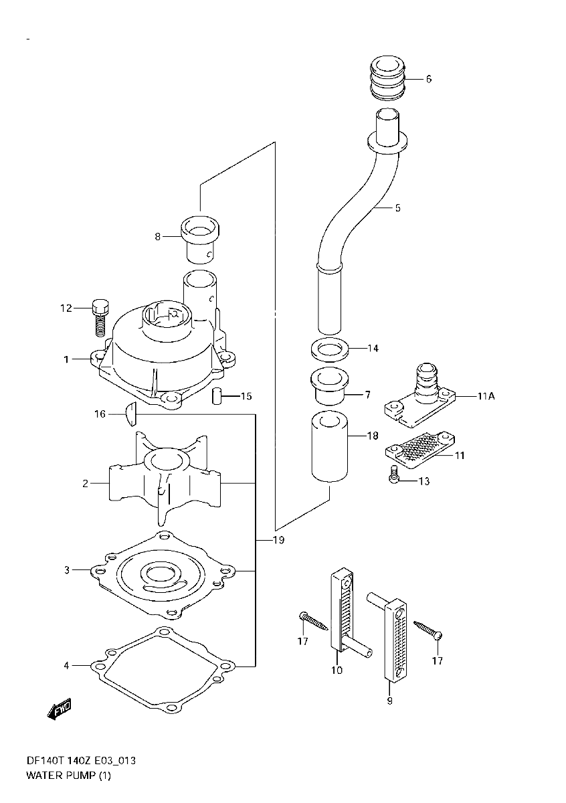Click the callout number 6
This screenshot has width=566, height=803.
(x=428, y=79)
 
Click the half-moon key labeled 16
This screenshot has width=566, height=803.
(x=131, y=415)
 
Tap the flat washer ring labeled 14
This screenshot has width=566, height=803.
(x=328, y=349)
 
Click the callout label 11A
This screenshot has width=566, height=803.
(x=486, y=396)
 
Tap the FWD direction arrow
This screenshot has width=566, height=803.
(x=59, y=710)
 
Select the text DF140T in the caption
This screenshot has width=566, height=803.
(x=43, y=762)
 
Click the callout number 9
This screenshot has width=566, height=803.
(x=389, y=701)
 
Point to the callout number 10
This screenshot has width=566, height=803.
(x=336, y=670)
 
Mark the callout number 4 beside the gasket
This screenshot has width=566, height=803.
(x=66, y=665)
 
